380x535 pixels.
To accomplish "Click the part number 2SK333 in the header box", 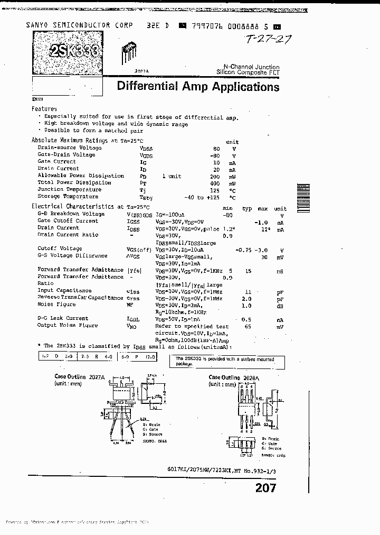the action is pos(73,51).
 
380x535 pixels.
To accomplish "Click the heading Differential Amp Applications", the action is pos(198,87).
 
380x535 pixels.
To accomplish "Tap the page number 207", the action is pos(265,488).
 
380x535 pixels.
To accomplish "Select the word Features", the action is pos(44,108).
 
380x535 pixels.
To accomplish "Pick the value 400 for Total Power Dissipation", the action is pos(215,182).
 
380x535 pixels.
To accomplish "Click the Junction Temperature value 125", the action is pos(214,189).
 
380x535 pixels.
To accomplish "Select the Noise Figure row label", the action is pos(56,305).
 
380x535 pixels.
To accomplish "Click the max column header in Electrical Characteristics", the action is pos(263,209).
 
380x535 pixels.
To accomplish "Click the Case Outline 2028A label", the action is pos(232,377).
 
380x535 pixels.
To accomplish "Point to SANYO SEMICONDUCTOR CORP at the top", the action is pos(68,25).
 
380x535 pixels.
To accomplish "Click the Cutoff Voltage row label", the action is pos(60,248).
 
